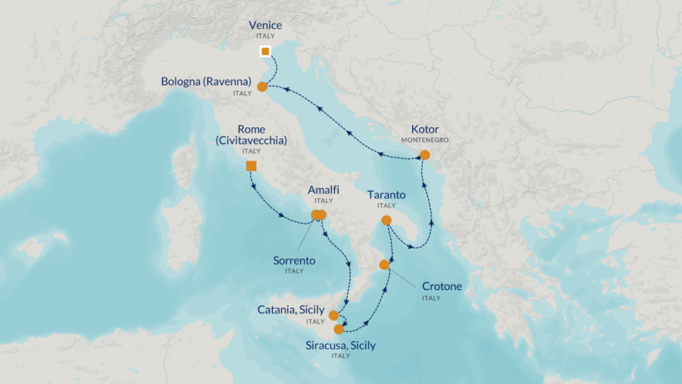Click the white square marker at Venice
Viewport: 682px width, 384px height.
click(265, 52)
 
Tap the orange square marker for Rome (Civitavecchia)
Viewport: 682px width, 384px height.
click(252, 166)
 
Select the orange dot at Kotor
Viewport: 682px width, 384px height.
click(424, 155)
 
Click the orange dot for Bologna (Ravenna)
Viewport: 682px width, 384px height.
click(262, 87)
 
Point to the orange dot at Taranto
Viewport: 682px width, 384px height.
click(386, 220)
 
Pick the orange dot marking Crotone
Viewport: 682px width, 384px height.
click(384, 265)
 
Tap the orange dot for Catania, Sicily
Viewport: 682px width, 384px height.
click(333, 315)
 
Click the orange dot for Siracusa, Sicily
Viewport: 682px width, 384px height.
click(339, 329)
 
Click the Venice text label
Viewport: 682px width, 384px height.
click(264, 25)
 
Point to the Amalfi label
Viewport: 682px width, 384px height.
click(323, 190)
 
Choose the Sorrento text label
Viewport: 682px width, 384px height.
click(294, 261)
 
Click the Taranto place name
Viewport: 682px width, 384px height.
click(386, 195)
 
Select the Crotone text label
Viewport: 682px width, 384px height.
click(441, 286)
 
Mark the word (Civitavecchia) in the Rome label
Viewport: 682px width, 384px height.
click(251, 140)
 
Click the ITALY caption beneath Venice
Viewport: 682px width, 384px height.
click(264, 36)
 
